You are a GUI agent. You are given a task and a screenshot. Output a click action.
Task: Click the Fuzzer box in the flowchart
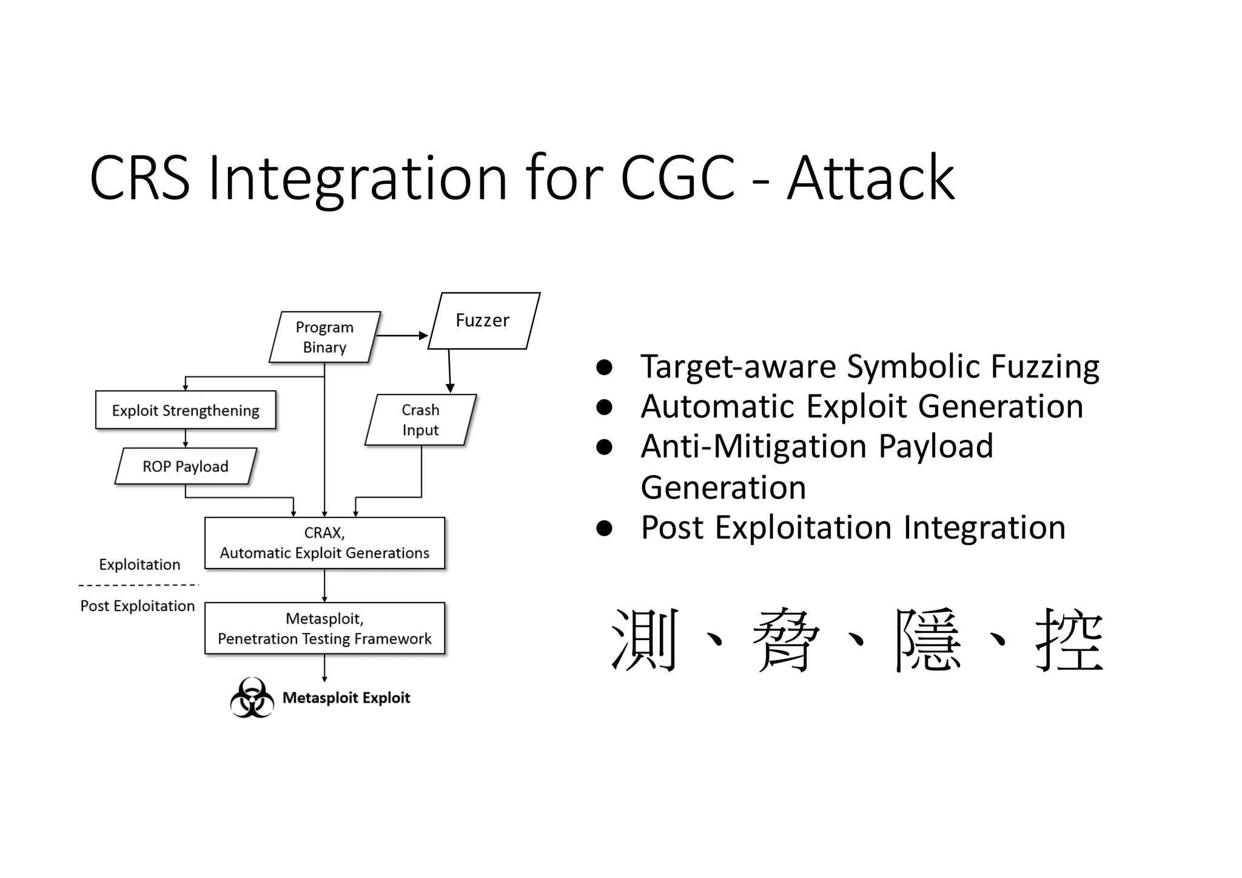tap(483, 320)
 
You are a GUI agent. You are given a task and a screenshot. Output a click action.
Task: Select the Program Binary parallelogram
tap(324, 337)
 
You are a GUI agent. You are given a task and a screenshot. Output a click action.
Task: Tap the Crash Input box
tap(420, 420)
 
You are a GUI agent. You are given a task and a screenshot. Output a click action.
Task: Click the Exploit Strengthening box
tap(186, 410)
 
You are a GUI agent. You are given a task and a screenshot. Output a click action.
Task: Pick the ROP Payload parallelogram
tap(186, 466)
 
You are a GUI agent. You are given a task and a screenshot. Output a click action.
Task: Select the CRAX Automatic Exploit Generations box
tap(324, 543)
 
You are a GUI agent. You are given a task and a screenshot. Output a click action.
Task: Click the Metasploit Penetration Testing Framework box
tap(324, 629)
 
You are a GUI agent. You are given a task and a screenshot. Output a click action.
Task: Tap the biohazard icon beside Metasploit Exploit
tap(252, 698)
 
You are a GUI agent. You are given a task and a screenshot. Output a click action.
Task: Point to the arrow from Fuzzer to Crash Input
tap(449, 370)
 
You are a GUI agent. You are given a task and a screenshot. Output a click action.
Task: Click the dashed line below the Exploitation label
tap(138, 586)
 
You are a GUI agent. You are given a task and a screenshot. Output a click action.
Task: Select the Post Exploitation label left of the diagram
tap(138, 606)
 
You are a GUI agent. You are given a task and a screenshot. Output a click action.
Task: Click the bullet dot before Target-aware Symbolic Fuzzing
tap(604, 367)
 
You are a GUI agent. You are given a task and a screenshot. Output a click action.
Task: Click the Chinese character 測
tap(643, 640)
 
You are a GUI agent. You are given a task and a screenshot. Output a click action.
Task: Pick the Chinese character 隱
tap(927, 640)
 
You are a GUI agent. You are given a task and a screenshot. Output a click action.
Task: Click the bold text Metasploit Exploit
tap(346, 698)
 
